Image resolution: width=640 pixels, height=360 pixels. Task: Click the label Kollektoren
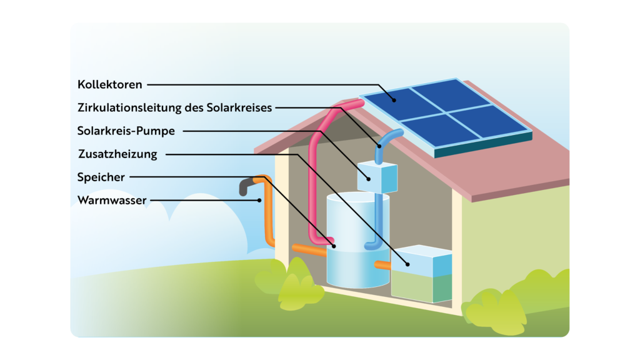coord(110,84)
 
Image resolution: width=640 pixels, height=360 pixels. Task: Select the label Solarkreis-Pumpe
coord(126,131)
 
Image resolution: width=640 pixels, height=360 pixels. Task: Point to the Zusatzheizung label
coord(117,154)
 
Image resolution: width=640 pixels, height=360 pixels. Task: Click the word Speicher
coord(101,177)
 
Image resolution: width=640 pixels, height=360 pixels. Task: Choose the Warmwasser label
coord(112,201)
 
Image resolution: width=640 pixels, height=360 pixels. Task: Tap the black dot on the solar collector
coord(394,100)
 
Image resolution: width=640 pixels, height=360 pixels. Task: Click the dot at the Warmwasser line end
coord(259,201)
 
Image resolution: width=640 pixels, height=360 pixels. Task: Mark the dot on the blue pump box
coord(369,179)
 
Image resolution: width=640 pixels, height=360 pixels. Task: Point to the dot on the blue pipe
coord(379,146)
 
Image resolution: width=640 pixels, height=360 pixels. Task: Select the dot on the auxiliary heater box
coord(407,264)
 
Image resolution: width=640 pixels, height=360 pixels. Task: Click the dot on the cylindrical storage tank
coord(334,246)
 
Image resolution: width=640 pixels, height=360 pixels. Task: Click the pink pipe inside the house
coord(313,171)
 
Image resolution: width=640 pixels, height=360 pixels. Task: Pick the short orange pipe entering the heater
coord(383,265)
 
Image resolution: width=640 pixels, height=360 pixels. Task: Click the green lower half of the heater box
coord(421,287)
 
